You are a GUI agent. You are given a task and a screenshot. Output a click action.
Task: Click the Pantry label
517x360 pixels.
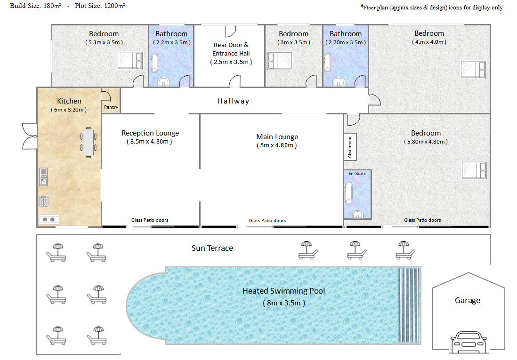111,107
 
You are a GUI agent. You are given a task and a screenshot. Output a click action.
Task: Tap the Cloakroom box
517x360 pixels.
350,147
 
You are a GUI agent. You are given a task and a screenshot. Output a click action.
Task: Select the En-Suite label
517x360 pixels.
357,173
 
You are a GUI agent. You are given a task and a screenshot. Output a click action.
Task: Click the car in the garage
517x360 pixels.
468,343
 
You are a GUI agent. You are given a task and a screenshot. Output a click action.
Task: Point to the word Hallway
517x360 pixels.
234,101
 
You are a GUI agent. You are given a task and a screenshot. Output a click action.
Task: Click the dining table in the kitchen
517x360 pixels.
89,143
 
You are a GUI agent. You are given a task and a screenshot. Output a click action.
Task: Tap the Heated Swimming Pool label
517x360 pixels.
284,291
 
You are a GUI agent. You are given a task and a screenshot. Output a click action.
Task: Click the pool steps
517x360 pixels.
409,305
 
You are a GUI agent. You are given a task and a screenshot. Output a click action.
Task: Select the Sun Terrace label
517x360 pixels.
212,248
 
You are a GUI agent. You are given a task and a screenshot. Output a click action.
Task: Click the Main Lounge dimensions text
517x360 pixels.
277,145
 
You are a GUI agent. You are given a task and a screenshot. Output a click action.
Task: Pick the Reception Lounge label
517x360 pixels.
150,133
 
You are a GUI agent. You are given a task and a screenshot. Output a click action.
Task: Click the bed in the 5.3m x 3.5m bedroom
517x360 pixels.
130,61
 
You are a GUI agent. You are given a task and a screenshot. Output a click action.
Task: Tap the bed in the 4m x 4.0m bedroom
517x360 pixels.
474,70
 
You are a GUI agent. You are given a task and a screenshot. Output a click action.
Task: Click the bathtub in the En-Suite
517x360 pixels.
348,193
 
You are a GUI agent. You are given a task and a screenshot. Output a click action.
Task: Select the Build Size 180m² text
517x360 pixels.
35,6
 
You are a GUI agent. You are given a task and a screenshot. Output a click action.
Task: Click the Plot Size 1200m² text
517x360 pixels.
100,6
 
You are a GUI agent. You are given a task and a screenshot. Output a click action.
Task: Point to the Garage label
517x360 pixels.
468,300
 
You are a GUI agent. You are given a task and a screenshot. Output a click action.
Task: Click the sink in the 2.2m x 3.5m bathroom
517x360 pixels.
163,81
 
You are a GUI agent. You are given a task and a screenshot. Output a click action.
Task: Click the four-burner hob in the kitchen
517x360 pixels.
43,201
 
